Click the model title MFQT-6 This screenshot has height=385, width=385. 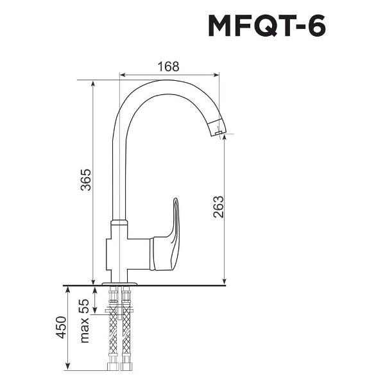tap(266, 27)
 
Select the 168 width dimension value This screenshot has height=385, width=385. tap(168, 66)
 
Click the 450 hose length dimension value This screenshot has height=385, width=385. tap(62, 328)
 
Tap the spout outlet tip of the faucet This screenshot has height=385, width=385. tap(218, 133)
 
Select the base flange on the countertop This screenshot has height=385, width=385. tap(120, 282)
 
